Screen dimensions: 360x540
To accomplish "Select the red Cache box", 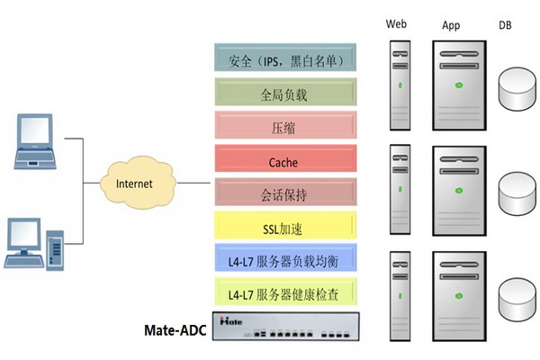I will pos(283,162).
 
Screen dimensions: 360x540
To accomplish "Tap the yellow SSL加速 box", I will pos(283,223).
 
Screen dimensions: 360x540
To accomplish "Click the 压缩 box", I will pos(283,125).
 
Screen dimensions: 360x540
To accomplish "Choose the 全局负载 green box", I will pos(283,93).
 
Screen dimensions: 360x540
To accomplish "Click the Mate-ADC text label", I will pos(175,330).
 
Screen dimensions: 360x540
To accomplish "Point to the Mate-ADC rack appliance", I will pos(283,326).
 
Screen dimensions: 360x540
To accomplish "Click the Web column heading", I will pos(397,23).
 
